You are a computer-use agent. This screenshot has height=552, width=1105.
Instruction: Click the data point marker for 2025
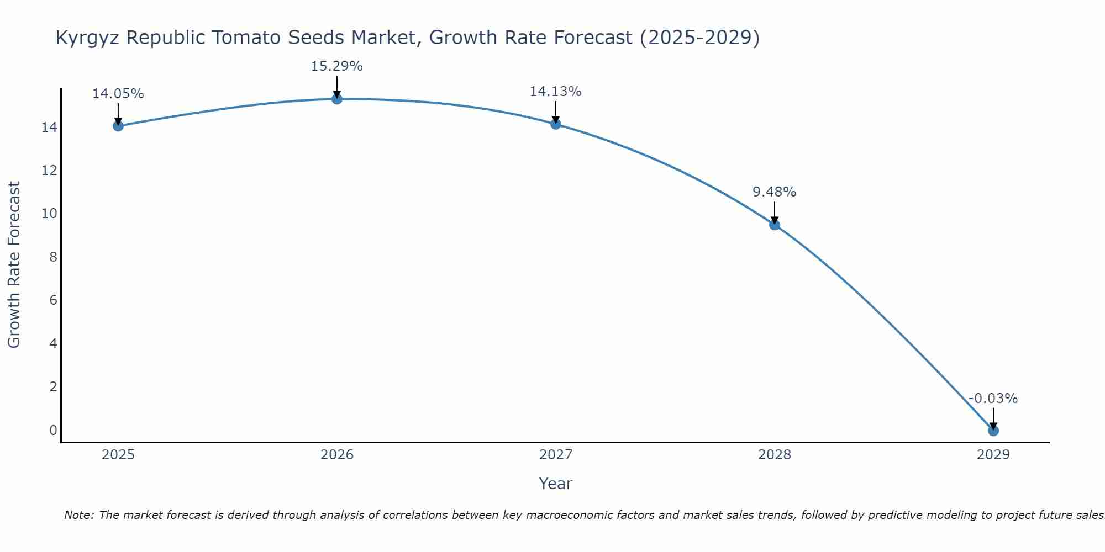coord(118,126)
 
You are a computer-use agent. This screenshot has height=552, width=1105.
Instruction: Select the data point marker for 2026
coord(337,99)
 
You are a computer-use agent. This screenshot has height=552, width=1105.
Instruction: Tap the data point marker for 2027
coord(556,124)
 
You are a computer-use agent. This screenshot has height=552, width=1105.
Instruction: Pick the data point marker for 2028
coord(775,225)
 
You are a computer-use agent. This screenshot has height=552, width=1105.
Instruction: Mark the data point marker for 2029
coord(993,431)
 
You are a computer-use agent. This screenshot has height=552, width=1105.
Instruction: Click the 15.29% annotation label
coord(336,66)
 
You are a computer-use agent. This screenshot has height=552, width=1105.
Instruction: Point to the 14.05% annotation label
coord(118,94)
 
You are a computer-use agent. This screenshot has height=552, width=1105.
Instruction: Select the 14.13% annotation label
coord(555,92)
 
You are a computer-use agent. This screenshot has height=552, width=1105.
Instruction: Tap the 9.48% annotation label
coord(774,192)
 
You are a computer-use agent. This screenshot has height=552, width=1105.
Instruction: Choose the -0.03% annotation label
coord(993,399)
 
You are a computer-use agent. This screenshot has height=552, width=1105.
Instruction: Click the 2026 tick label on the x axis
coord(337,455)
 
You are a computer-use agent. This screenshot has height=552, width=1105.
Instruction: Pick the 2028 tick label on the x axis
coord(775,455)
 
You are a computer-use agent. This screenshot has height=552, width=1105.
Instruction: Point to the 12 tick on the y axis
coord(49,171)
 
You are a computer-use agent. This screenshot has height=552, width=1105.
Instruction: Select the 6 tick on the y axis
coord(53,300)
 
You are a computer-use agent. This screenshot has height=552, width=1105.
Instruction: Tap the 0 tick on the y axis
coord(53,430)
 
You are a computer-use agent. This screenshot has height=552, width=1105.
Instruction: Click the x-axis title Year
coord(555,484)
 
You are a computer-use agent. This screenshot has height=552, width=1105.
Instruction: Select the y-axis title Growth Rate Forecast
coord(14,264)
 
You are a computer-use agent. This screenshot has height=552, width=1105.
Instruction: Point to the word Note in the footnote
coord(79,515)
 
